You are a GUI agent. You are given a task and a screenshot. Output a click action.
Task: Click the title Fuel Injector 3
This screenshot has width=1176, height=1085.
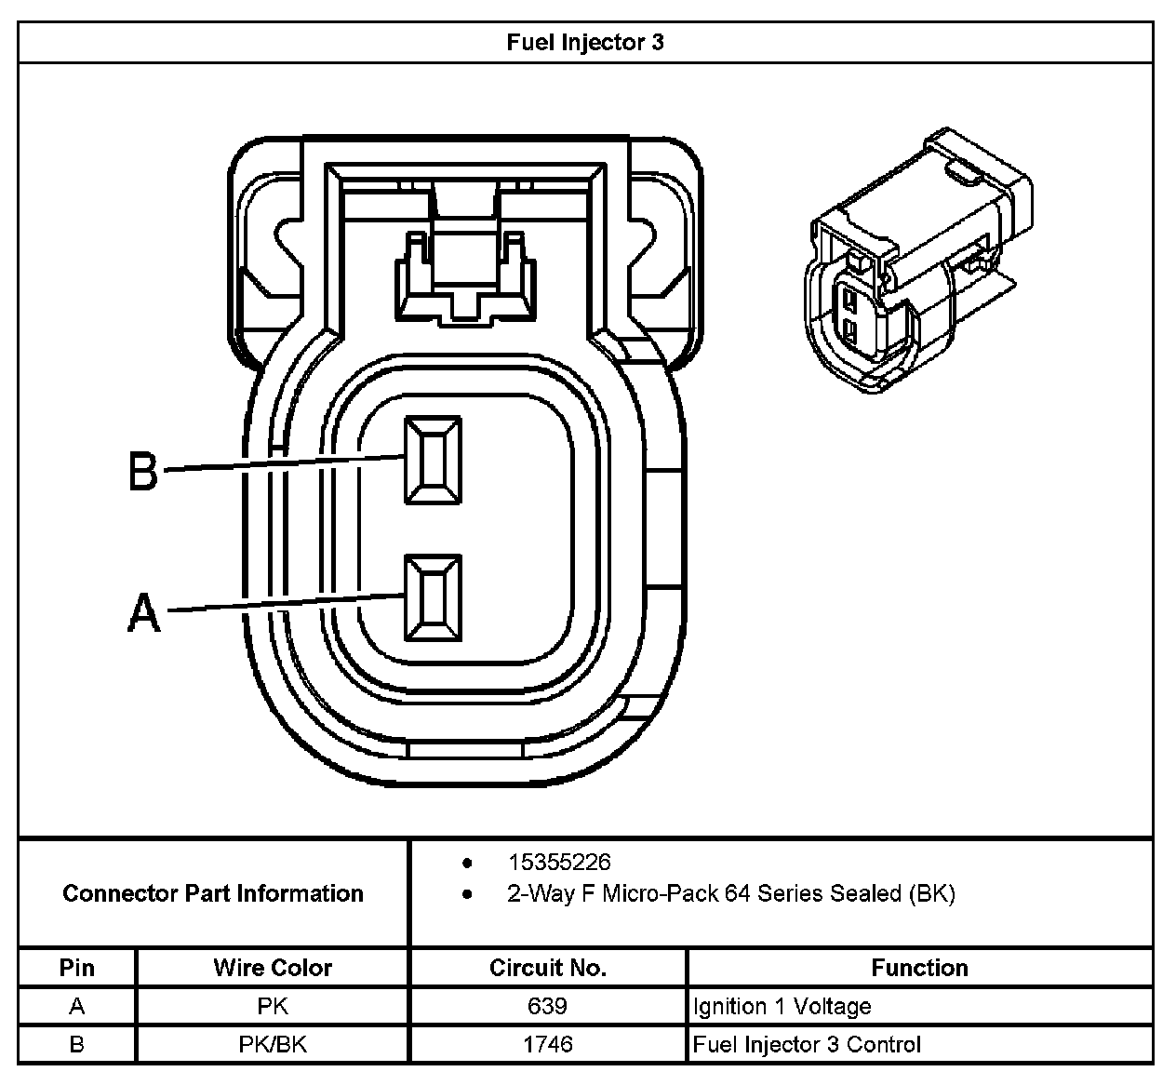(x=585, y=43)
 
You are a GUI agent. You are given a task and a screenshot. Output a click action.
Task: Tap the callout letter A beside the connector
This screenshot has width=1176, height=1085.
(x=143, y=613)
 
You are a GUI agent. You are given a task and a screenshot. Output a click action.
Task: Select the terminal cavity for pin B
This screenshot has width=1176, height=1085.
(x=433, y=460)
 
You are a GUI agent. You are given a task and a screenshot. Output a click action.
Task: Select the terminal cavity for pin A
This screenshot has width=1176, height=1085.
(x=433, y=597)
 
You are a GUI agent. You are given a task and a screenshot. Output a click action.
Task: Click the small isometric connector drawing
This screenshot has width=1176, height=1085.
(x=916, y=263)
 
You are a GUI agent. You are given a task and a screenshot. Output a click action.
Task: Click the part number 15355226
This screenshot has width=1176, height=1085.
(x=559, y=863)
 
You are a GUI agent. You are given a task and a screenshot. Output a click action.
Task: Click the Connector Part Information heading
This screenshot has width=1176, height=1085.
(x=213, y=893)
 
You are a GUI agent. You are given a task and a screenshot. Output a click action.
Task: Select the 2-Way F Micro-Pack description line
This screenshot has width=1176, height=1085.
(x=730, y=894)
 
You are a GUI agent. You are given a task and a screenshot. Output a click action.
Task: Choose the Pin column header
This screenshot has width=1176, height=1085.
(x=77, y=968)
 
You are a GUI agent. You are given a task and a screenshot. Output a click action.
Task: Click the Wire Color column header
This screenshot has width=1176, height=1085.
(x=273, y=968)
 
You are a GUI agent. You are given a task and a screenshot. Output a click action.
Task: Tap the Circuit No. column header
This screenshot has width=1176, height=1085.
(x=548, y=968)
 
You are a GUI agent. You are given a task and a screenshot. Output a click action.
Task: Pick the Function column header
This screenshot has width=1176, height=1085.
(x=919, y=968)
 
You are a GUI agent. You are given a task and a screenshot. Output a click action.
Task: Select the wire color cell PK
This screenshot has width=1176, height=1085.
(x=273, y=1006)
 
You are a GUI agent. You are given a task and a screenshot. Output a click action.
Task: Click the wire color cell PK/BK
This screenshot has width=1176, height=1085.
(x=273, y=1044)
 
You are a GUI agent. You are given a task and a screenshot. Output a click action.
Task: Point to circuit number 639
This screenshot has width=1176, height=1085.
(x=548, y=1006)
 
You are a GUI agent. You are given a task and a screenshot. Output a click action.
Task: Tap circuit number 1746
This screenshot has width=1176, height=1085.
(x=548, y=1044)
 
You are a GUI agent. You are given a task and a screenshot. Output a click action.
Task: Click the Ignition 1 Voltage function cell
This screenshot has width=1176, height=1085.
(x=782, y=1006)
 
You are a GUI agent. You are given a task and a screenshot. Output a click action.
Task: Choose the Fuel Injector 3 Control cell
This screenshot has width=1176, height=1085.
(x=807, y=1044)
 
